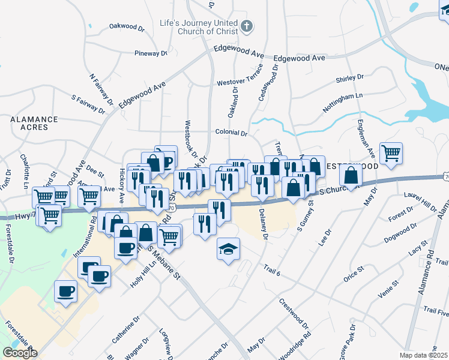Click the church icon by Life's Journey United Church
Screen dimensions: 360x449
pos(247,26)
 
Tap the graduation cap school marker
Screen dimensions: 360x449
pos(228,248)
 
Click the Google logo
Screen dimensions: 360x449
pos(19,353)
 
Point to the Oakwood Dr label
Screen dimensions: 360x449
pos(127,27)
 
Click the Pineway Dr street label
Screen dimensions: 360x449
pos(151,53)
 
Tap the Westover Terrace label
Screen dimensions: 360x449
pos(240,81)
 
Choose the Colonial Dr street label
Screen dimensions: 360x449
pos(231,133)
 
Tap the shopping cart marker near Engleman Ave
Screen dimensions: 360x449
pos(391,152)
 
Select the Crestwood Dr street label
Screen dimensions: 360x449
pos(294,314)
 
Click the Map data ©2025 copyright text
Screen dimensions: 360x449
pos(424,355)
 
